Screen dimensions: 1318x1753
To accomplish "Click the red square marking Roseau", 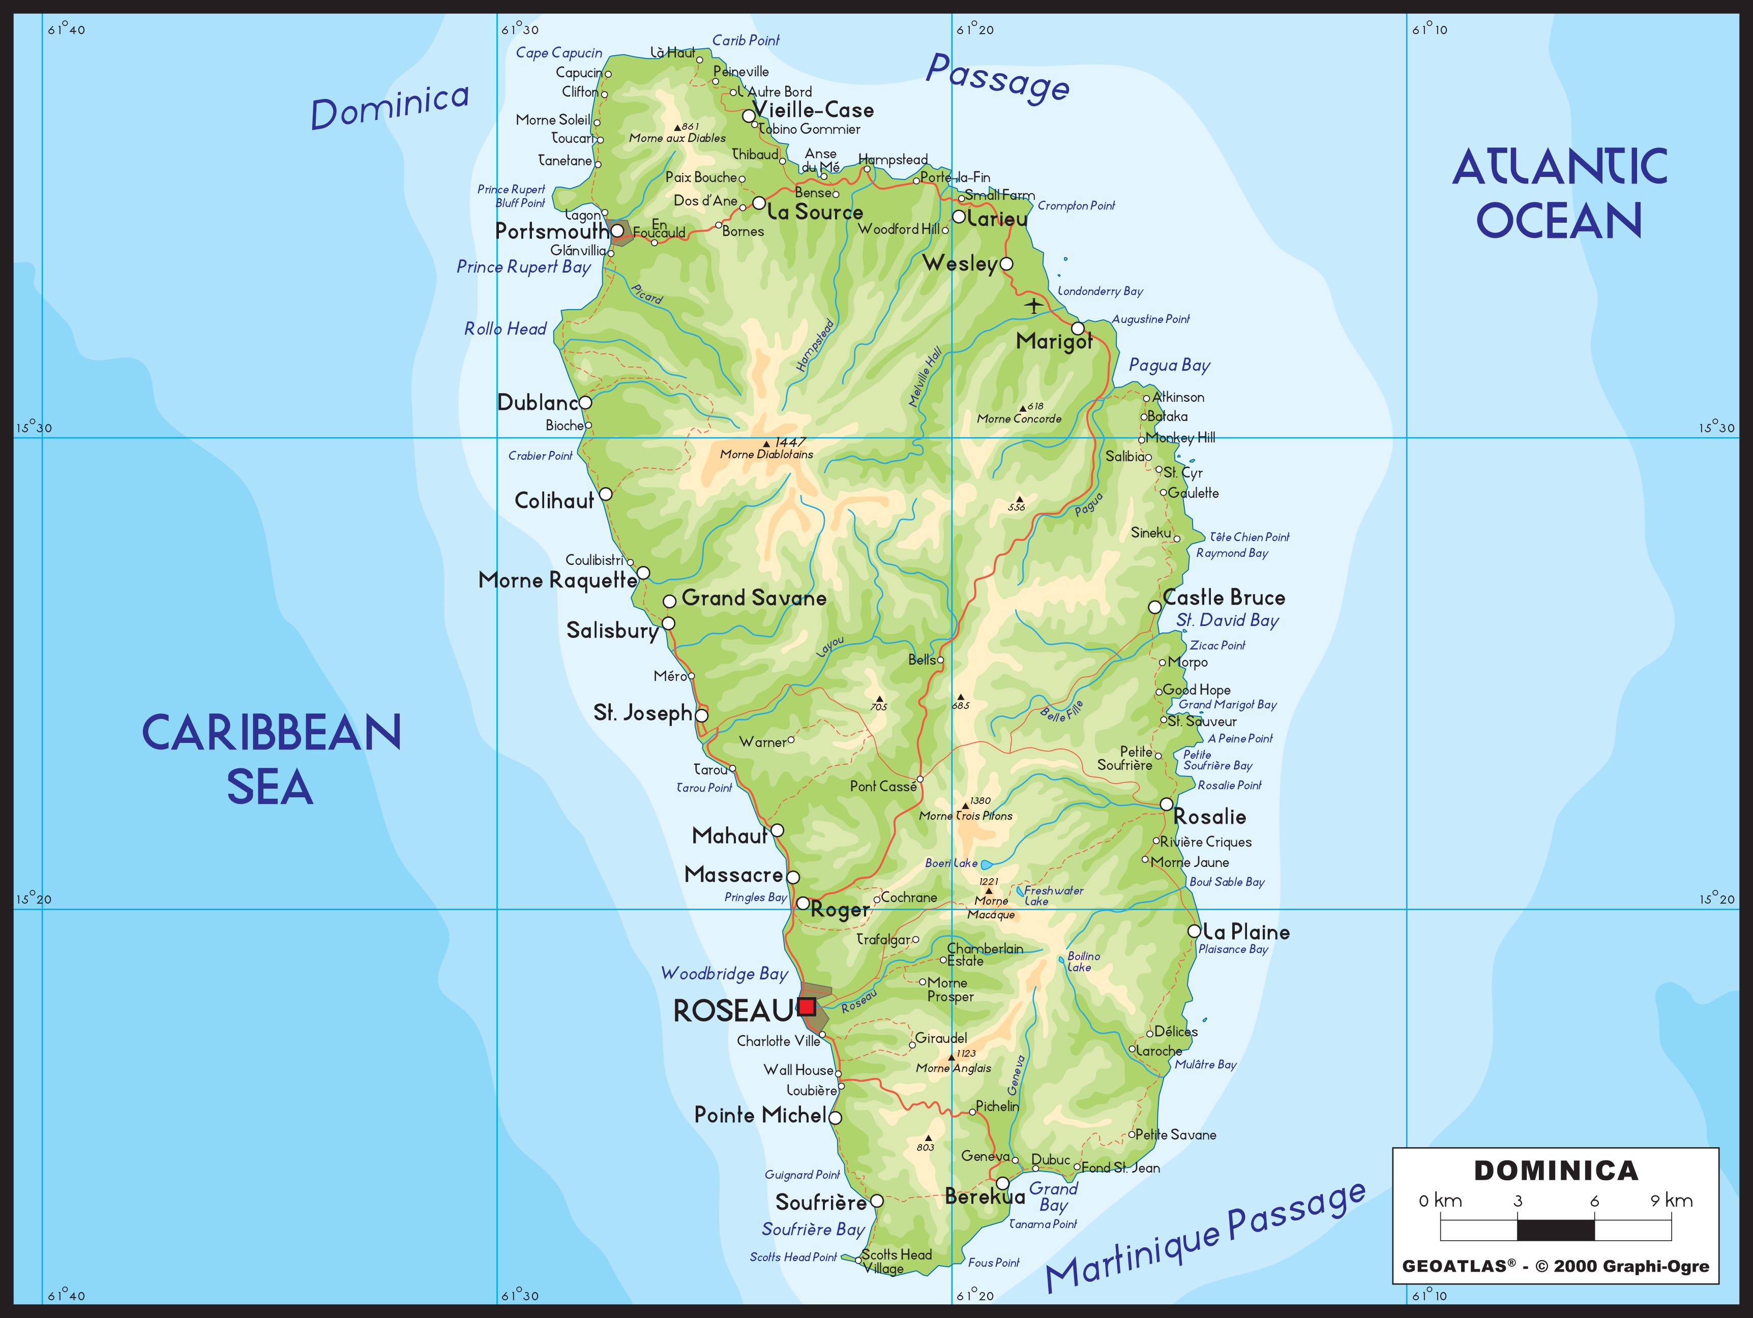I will pos(807,1006).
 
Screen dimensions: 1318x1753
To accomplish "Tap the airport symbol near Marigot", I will pos(1033,305).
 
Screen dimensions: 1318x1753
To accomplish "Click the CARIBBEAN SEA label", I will pos(271,759).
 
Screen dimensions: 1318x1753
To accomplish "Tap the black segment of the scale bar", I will pos(1555,1230).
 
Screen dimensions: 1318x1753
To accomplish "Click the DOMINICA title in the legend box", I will pos(1556,1171).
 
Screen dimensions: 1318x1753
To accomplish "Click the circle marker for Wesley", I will pos(1006,264).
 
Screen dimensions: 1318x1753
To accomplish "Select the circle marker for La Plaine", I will pos(1194,931).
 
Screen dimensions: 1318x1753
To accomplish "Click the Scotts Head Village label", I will pos(896,1261).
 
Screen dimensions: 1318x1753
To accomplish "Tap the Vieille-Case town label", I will pos(812,110).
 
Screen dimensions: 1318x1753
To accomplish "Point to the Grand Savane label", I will pos(754,598).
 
